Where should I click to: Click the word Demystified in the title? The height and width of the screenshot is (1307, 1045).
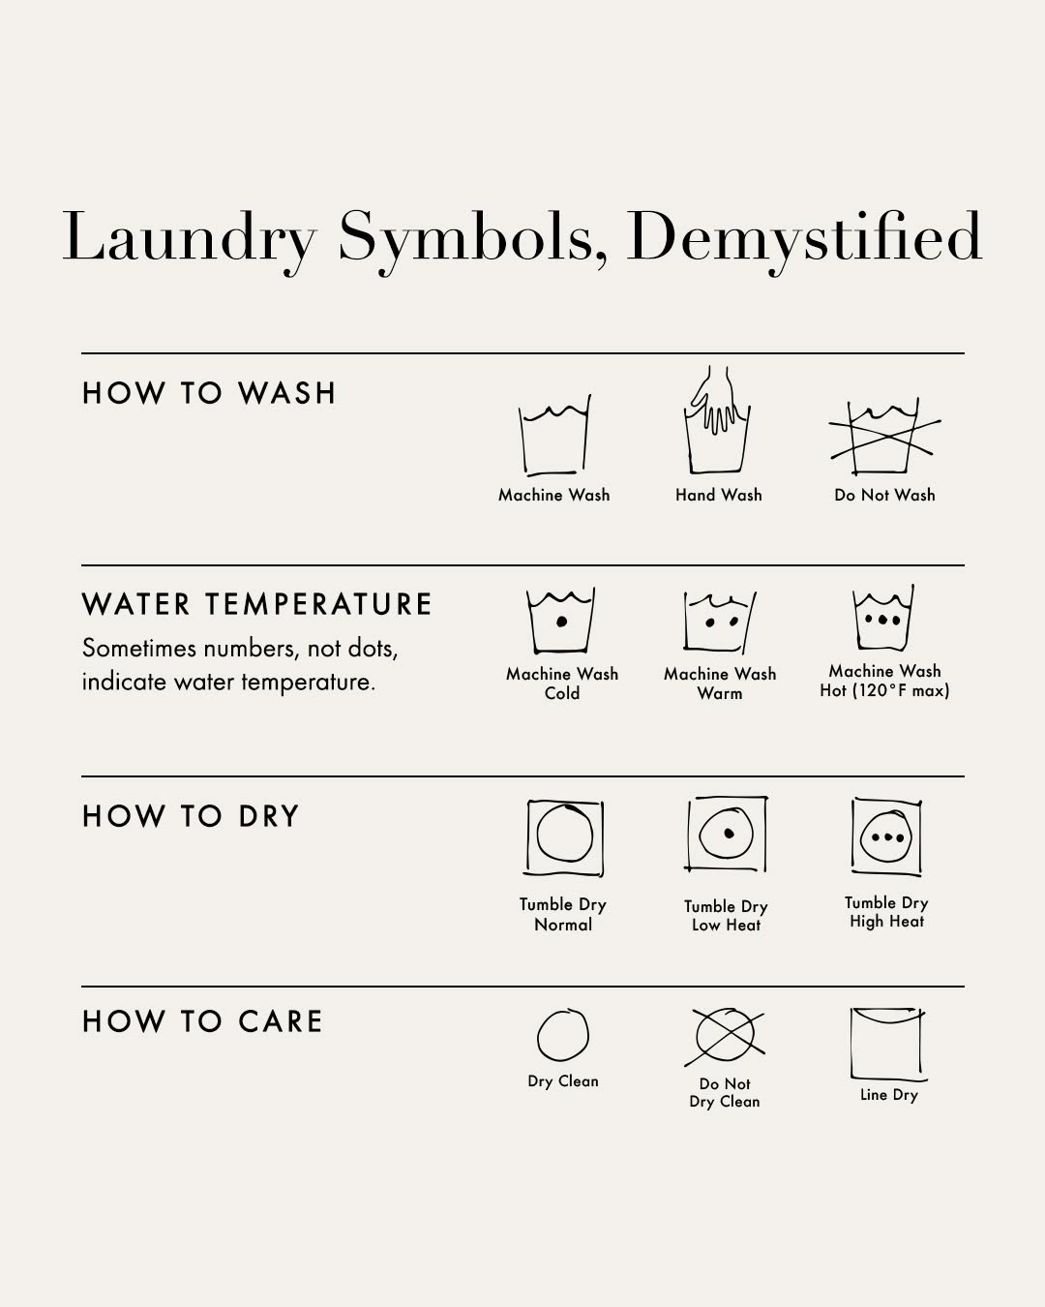(804, 241)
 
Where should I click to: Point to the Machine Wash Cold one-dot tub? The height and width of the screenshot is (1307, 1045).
(561, 621)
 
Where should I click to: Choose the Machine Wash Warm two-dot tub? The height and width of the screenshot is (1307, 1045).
(720, 622)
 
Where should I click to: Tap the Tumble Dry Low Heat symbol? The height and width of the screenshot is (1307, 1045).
(727, 834)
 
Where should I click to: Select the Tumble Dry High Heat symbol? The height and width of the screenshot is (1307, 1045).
(886, 836)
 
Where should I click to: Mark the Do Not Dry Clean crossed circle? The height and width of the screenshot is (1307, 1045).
(725, 1036)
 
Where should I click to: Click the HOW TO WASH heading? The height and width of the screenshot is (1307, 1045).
(209, 393)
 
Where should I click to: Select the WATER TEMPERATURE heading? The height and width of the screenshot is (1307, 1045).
(256, 604)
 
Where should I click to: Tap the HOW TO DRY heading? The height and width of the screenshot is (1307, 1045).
(191, 816)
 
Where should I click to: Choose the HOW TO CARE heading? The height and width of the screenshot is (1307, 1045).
(202, 1021)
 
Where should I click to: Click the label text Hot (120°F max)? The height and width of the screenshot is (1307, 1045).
(884, 690)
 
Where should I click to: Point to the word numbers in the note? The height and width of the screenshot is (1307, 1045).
(251, 649)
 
